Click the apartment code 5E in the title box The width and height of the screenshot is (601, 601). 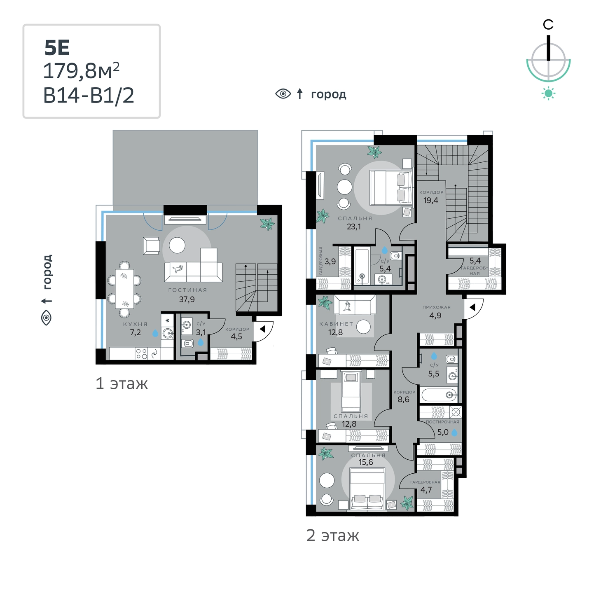(x=57, y=48)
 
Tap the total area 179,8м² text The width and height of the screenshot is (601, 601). (x=81, y=71)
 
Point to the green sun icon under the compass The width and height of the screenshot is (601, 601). (x=548, y=94)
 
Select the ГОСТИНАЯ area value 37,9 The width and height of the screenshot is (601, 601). (x=187, y=299)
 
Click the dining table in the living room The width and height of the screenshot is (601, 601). (x=124, y=289)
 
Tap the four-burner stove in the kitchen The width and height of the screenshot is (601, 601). (x=141, y=354)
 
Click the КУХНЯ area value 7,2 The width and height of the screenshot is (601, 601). (x=136, y=332)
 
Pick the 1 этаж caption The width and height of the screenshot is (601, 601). (x=122, y=384)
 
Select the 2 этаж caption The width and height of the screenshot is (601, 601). (x=333, y=535)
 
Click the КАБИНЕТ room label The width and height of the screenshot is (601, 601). (x=336, y=324)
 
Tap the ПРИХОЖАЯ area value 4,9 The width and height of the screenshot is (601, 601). (x=435, y=315)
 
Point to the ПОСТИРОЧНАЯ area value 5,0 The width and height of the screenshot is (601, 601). (x=443, y=432)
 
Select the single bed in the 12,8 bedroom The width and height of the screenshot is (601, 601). (x=351, y=392)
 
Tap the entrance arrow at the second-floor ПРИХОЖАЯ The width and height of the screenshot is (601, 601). (x=472, y=308)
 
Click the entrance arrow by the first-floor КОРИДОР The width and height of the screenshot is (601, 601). (x=262, y=329)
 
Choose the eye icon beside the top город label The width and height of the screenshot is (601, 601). (x=283, y=94)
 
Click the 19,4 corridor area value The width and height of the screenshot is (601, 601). (x=431, y=200)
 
